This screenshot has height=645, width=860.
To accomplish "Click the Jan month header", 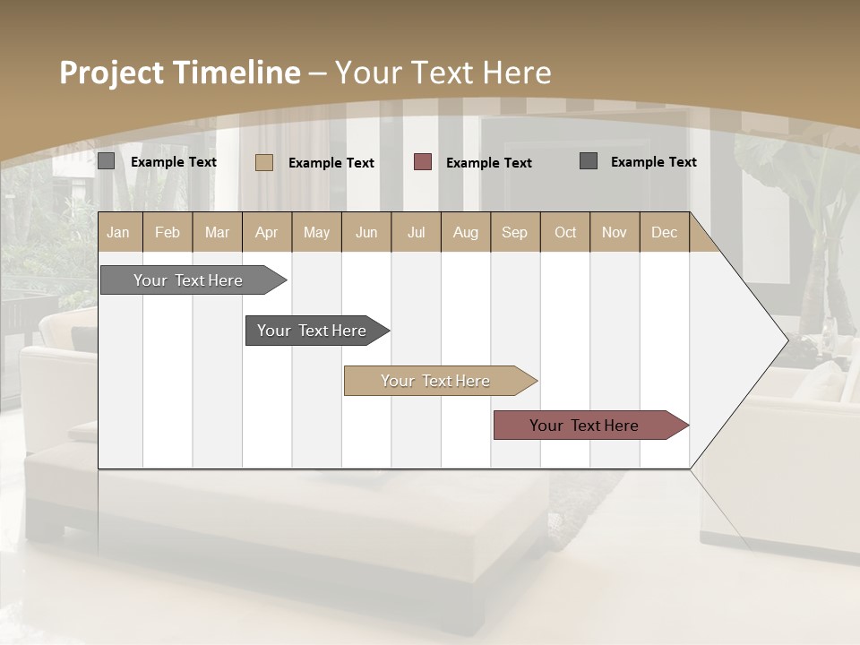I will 118,232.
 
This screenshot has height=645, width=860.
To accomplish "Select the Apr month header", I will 266,232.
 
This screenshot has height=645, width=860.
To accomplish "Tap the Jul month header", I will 416,232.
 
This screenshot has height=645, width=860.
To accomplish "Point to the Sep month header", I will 514,232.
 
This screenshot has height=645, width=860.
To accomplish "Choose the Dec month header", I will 664,232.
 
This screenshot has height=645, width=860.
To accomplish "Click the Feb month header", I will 168,232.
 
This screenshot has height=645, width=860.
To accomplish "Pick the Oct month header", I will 565,232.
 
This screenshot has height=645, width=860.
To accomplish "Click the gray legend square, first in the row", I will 106,161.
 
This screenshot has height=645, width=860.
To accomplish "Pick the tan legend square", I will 263,162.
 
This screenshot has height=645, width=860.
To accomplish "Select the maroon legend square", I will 423,162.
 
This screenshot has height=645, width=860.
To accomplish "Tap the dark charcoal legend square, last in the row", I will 589,161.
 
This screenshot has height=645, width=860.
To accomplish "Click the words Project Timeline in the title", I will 179,73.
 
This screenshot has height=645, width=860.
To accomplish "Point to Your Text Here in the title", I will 443,73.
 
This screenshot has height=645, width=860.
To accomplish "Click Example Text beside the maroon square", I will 488,163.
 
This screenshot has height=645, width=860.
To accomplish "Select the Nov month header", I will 615,232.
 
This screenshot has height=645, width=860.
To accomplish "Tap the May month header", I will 316,232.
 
